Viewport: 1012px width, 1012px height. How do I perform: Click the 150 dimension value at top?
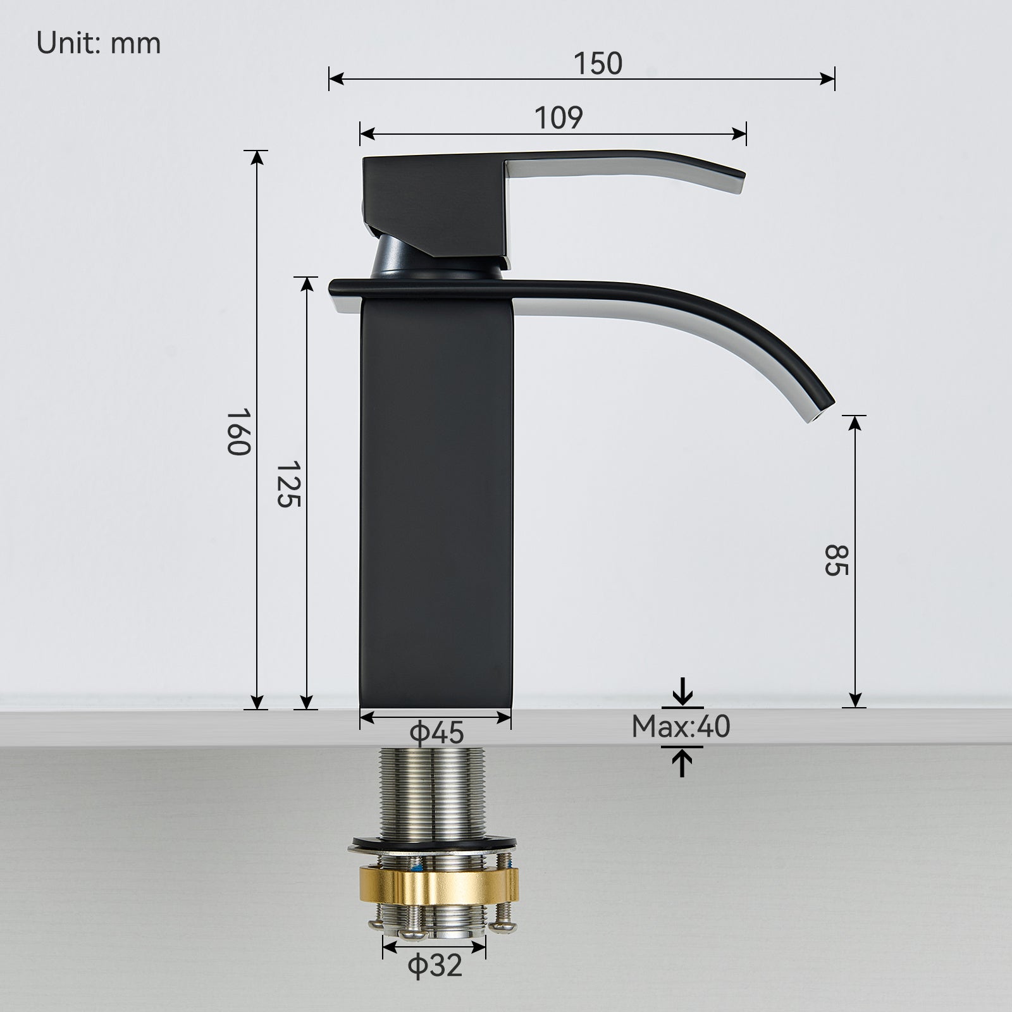pyautogui.click(x=598, y=64)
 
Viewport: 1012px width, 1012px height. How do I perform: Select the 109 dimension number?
pyautogui.click(x=558, y=118)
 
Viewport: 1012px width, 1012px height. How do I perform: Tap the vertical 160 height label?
pyautogui.click(x=240, y=431)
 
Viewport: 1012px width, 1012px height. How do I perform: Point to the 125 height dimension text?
pyautogui.click(x=288, y=484)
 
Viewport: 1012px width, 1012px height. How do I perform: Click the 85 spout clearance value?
pyautogui.click(x=835, y=560)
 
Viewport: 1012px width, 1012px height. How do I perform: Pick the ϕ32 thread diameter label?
pyautogui.click(x=435, y=966)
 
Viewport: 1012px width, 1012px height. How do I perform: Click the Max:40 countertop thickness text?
pyautogui.click(x=681, y=727)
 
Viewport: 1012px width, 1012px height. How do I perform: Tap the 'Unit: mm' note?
pyautogui.click(x=99, y=44)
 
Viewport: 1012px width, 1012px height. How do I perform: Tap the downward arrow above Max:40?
pyautogui.click(x=682, y=693)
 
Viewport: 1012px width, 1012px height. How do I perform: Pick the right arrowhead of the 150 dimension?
pyautogui.click(x=828, y=78)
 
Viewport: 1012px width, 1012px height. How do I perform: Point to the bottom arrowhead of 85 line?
pyautogui.click(x=855, y=700)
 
